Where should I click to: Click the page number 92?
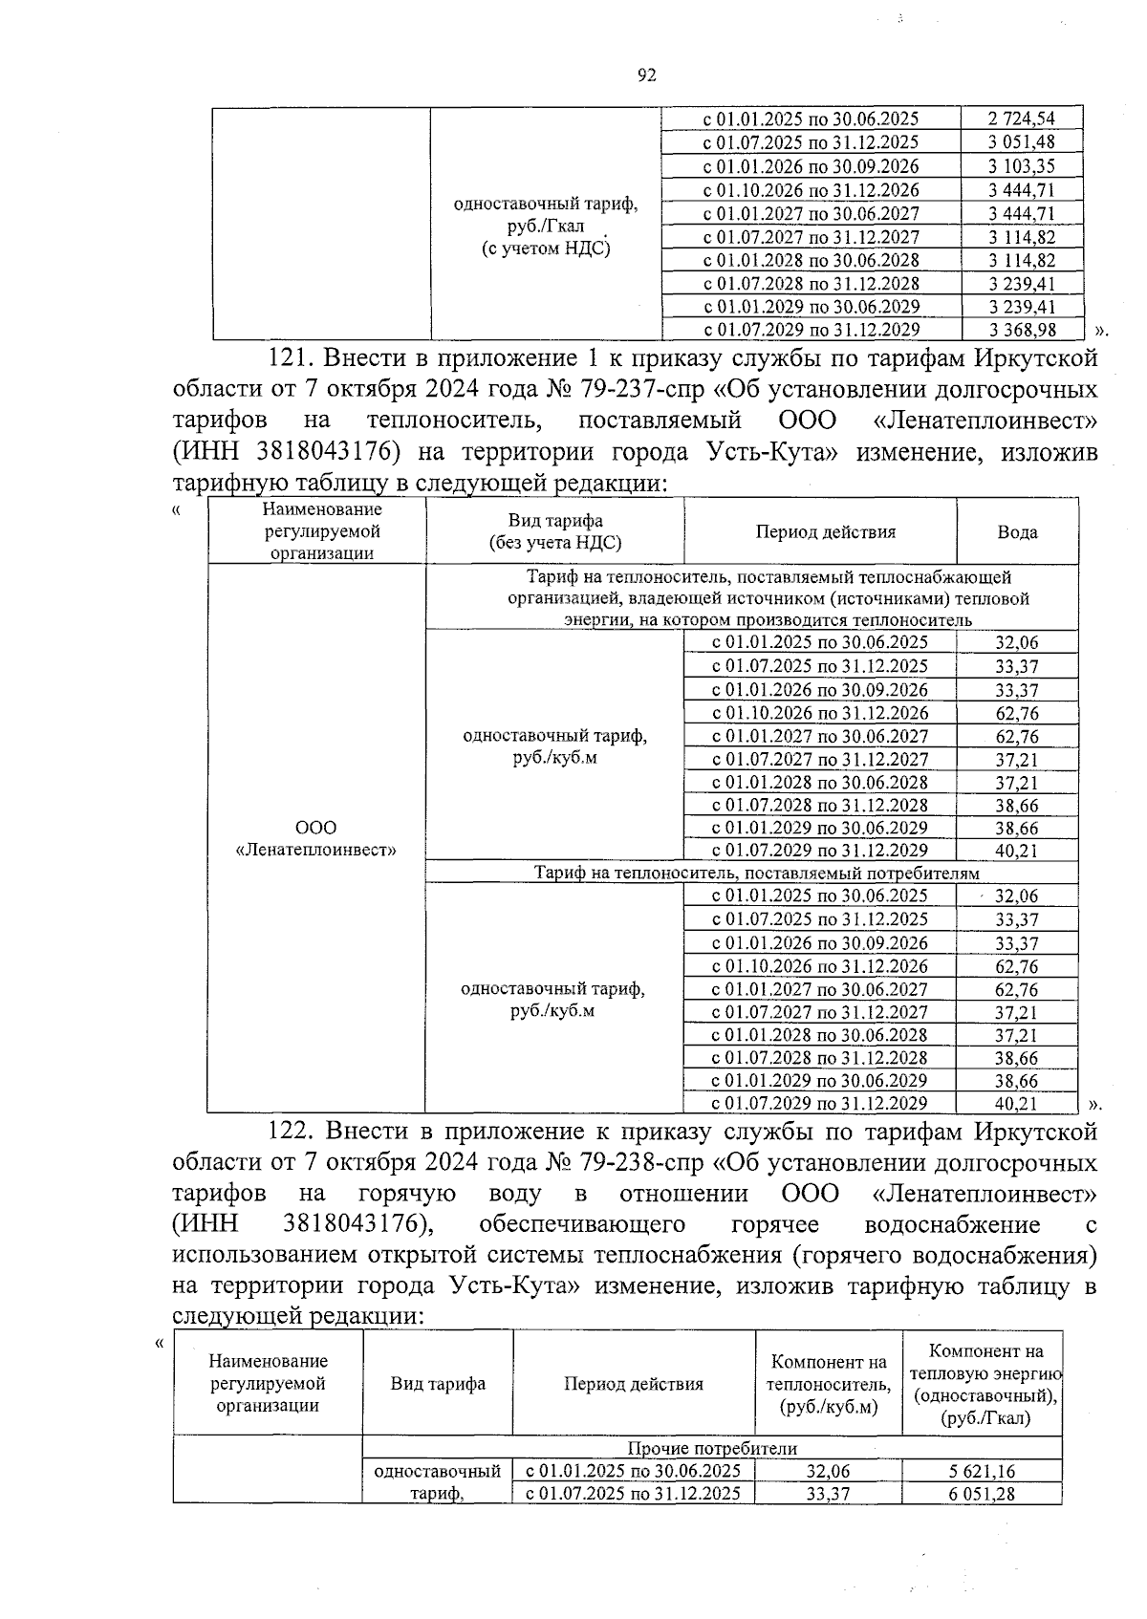[x=646, y=76]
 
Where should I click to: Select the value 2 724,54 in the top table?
[x=1021, y=119]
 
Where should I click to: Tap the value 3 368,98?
[x=1021, y=330]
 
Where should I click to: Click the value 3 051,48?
[x=1021, y=142]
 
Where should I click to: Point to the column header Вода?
[x=1017, y=532]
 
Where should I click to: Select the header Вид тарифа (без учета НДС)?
[x=554, y=531]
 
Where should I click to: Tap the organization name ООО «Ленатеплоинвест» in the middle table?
[x=316, y=838]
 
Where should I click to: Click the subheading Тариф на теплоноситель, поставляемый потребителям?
[x=756, y=873]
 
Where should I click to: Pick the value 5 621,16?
[x=982, y=1472]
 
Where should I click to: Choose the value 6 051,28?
[x=982, y=1494]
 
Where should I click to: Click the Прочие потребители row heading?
[x=712, y=1449]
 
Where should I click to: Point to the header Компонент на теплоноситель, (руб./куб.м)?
[x=829, y=1384]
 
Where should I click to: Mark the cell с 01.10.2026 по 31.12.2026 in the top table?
[x=811, y=189]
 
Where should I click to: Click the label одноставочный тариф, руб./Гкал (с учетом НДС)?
[x=546, y=227]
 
